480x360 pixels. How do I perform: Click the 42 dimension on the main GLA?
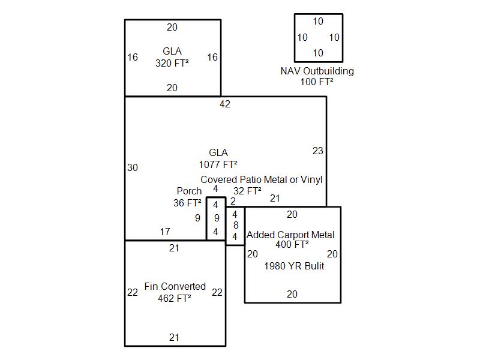click(x=224, y=104)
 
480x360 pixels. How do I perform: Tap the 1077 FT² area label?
click(x=218, y=164)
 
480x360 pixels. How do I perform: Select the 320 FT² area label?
click(x=172, y=63)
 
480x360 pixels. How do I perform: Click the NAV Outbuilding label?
click(x=317, y=71)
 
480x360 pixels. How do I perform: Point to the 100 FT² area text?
click(x=317, y=82)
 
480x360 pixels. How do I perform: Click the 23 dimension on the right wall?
click(x=318, y=151)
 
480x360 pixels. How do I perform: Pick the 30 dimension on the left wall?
click(x=133, y=167)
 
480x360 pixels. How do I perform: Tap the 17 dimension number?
click(x=165, y=232)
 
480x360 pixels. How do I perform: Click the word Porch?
click(x=189, y=191)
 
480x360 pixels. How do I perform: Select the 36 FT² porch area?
click(x=187, y=203)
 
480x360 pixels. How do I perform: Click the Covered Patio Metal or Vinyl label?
click(x=262, y=179)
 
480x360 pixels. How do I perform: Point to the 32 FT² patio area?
click(x=247, y=191)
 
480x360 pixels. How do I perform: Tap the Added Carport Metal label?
click(x=290, y=235)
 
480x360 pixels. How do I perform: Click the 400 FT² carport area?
click(x=292, y=244)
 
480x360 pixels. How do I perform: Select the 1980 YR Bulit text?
click(x=294, y=266)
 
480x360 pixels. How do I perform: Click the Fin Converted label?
click(x=175, y=286)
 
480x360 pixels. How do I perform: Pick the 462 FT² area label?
click(x=175, y=298)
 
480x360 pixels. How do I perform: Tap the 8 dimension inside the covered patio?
click(x=236, y=226)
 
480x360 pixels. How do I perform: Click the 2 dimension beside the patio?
click(x=233, y=201)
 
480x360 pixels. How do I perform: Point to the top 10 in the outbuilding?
click(x=318, y=21)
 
